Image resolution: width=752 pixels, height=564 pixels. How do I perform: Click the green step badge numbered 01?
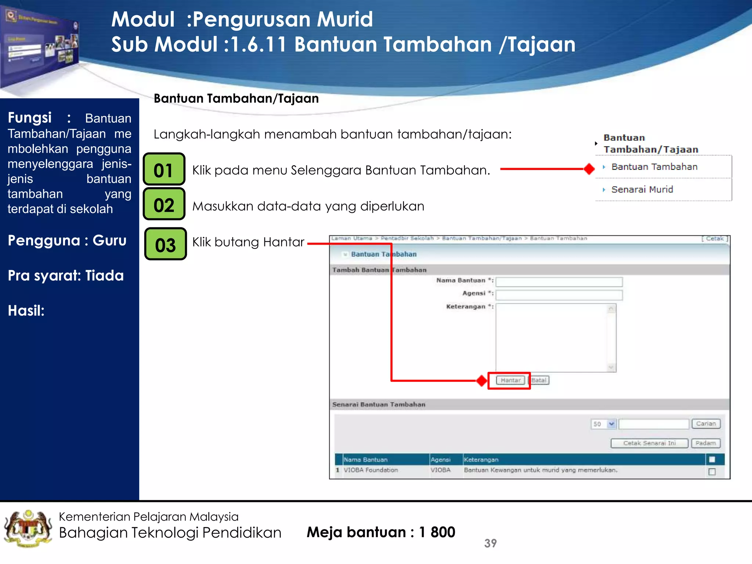(x=164, y=169)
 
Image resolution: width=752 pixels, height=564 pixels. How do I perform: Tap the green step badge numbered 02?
(x=164, y=204)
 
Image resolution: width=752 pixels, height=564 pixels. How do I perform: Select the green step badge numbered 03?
(x=165, y=244)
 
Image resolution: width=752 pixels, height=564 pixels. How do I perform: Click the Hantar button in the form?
(x=510, y=380)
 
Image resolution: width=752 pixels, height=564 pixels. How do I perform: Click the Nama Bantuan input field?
(x=559, y=282)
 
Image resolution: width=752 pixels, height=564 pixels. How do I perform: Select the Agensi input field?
(x=559, y=295)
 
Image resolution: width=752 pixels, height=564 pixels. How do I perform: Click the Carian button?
(x=706, y=424)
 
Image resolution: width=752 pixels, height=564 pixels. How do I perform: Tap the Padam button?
(x=706, y=443)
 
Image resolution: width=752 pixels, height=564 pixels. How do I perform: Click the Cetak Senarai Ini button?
(x=649, y=443)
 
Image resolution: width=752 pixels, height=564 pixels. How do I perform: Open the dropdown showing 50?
(x=604, y=424)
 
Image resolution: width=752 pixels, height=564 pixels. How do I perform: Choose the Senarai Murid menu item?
(x=642, y=189)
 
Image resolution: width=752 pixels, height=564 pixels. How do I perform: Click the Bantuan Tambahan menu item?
(x=654, y=167)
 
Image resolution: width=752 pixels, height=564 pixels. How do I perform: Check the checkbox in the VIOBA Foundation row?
(x=712, y=471)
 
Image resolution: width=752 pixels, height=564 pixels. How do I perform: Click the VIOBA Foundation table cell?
(x=371, y=470)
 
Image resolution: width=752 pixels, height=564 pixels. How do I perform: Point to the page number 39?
(x=490, y=543)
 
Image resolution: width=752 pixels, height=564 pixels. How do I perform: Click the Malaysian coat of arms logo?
(x=28, y=529)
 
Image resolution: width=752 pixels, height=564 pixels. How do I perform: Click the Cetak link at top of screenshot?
(x=715, y=238)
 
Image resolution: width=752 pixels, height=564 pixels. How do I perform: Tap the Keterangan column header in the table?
(x=481, y=460)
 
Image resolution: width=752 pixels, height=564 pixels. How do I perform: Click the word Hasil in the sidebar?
(x=26, y=311)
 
